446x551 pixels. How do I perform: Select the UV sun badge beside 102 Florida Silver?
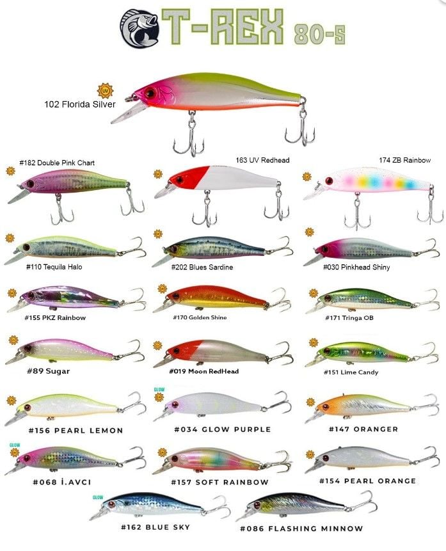103,90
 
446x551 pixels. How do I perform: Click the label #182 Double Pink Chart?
57,163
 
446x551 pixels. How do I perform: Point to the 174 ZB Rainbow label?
405,160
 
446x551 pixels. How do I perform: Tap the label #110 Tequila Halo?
54,267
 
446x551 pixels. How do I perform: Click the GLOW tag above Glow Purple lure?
159,389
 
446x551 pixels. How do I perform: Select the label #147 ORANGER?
363,429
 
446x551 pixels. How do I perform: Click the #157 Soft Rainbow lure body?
218,461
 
